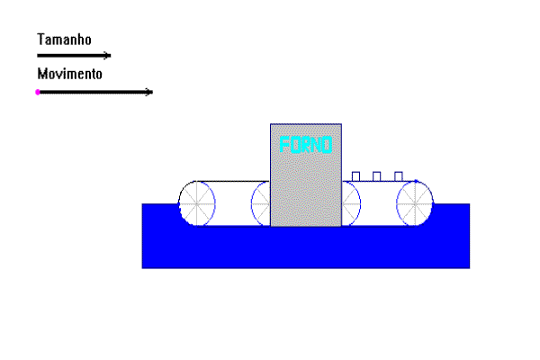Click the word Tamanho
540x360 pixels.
64,40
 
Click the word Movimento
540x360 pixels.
69,74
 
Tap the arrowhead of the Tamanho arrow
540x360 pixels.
107,56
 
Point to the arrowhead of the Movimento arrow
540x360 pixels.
149,92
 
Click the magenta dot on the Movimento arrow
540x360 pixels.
38,92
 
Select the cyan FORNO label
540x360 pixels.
306,145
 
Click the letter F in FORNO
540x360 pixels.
284,145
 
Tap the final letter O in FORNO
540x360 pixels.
327,145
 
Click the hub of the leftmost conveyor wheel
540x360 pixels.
196,204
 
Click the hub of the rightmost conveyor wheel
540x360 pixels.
415,204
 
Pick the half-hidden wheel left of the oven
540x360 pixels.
261,204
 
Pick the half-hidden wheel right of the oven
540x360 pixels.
351,204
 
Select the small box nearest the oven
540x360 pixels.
355,176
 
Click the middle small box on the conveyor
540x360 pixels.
377,176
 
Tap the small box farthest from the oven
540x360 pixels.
399,176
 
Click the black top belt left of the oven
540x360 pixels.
232,181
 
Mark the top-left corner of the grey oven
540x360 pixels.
271,124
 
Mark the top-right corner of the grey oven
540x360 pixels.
341,124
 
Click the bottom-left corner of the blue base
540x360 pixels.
142,268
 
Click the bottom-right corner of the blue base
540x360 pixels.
470,268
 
